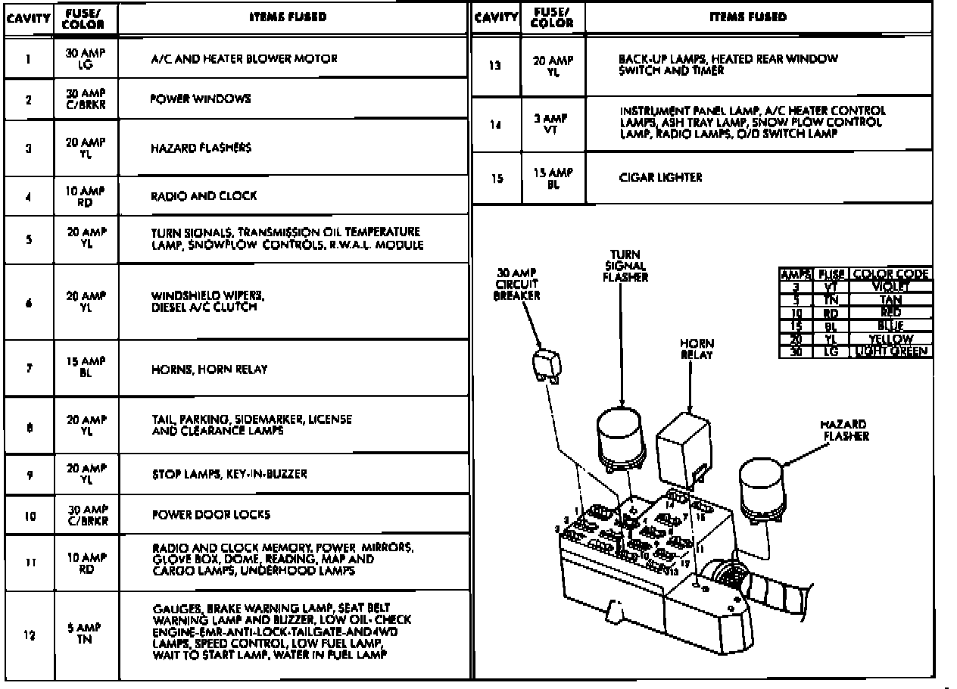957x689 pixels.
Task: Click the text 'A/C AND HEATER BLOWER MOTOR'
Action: (243, 59)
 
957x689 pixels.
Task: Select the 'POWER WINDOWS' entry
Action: (200, 99)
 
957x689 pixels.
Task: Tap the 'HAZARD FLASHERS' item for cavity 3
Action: (201, 148)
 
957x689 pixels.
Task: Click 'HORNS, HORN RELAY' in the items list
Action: (210, 370)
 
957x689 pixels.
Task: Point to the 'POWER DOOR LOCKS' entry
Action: (210, 515)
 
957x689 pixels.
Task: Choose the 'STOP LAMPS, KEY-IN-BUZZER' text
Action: (229, 475)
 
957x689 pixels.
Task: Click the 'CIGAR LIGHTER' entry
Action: (650, 178)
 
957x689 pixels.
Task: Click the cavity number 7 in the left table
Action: (28, 369)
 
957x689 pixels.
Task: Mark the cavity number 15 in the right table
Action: (495, 179)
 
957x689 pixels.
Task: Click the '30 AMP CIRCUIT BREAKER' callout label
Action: (516, 284)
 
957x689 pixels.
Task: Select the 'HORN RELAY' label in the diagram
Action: (696, 349)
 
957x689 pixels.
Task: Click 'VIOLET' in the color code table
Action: (892, 287)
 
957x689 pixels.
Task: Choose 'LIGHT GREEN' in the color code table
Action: (892, 351)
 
